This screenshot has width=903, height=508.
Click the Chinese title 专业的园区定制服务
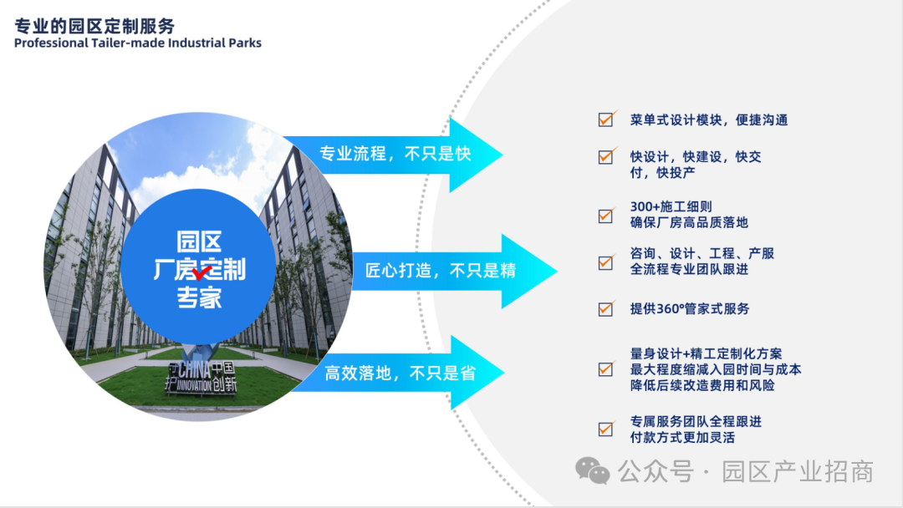click(x=94, y=26)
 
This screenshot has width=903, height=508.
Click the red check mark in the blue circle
click(x=202, y=272)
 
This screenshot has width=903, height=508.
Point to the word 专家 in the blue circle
click(x=199, y=297)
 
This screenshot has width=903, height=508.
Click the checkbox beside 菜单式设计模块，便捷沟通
click(x=606, y=119)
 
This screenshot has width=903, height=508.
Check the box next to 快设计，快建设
click(x=606, y=156)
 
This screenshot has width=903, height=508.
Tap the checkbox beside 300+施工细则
click(x=606, y=216)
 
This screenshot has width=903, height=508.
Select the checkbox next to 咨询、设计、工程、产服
click(x=606, y=262)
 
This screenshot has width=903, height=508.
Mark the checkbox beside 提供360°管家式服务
click(x=606, y=309)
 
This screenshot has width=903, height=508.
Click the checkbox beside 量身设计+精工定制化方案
click(x=606, y=368)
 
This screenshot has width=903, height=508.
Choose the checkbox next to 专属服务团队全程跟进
click(x=606, y=429)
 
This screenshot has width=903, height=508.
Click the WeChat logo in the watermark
click(x=592, y=471)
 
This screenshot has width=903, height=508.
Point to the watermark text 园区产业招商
click(x=798, y=472)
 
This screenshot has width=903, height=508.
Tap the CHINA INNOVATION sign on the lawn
click(x=201, y=377)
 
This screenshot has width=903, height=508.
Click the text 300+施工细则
click(x=671, y=206)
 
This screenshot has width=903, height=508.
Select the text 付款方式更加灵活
click(x=682, y=438)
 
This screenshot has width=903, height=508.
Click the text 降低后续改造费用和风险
click(x=702, y=385)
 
